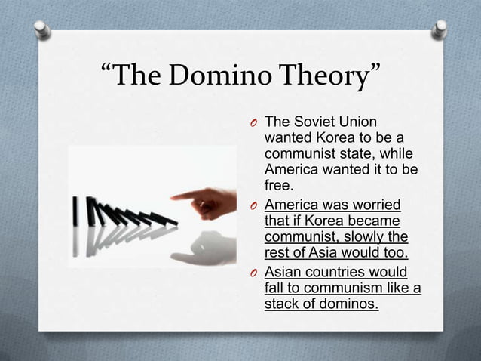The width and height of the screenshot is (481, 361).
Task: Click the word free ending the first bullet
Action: tap(277, 185)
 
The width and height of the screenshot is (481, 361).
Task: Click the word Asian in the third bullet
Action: tap(283, 273)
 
